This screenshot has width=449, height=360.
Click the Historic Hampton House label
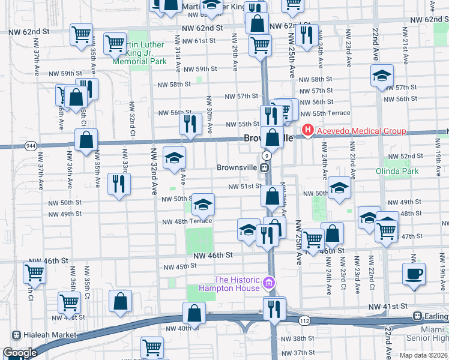[x=238, y=284]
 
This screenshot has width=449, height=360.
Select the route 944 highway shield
[x=31, y=145]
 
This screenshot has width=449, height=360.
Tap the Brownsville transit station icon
[x=264, y=167]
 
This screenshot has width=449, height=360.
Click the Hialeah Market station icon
[x=16, y=335]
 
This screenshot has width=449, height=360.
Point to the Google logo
[x=20, y=353]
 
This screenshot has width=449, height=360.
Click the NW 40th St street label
[x=179, y=328]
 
